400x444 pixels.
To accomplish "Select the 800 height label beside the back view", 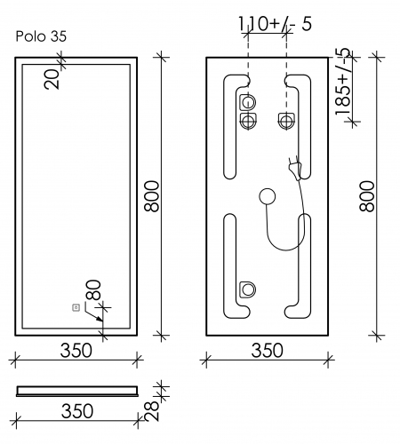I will point(366,196).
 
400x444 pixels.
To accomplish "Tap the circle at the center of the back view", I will point(267,198).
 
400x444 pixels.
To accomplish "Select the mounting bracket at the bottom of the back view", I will point(248,289).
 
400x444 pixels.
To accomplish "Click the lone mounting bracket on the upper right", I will point(287,119).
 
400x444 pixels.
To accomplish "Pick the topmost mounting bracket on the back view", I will point(248,101).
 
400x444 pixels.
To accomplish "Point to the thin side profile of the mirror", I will point(76,389).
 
